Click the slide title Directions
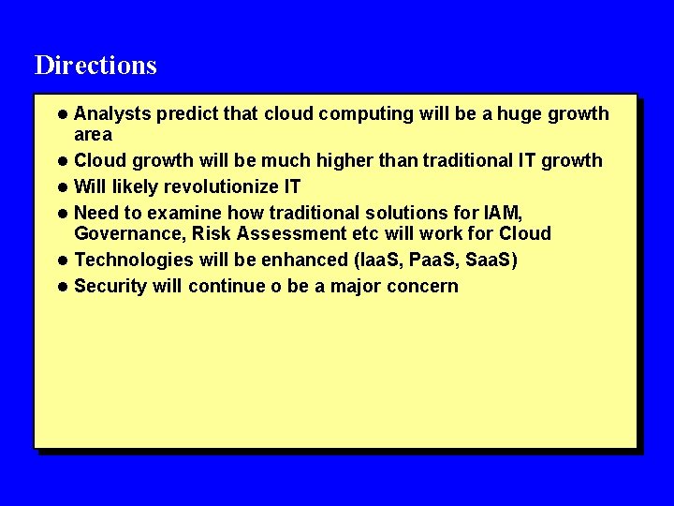coord(95,66)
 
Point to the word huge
coord(520,114)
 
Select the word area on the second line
coord(93,135)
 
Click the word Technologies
coord(131,260)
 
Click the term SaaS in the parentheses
coord(492,260)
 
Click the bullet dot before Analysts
coord(62,114)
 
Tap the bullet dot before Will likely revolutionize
coord(62,186)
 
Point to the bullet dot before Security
coord(62,286)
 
